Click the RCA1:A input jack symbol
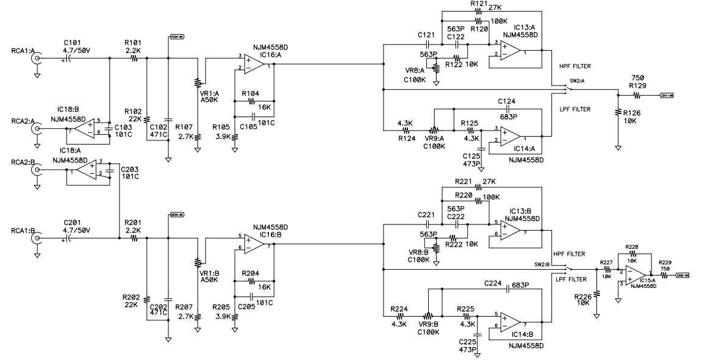pos(37,59)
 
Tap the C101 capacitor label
pos(72,43)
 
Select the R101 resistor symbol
pos(133,59)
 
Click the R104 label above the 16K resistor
pos(251,93)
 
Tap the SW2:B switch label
pos(542,264)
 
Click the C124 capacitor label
pos(507,101)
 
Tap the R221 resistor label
pos(463,181)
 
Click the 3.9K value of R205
pos(222,315)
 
